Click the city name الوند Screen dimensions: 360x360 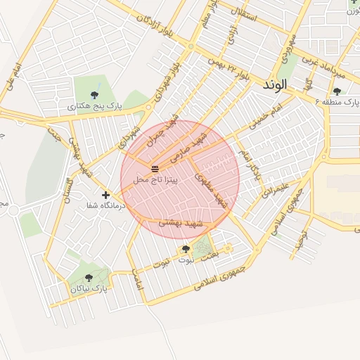click(274, 84)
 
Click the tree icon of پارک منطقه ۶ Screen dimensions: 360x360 click(337, 91)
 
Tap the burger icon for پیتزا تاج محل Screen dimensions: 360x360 click(155, 168)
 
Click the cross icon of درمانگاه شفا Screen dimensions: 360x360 click(105, 195)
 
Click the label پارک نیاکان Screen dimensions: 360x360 click(89, 288)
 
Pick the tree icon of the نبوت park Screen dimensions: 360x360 click(186, 249)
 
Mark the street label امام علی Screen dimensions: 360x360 click(13, 77)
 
